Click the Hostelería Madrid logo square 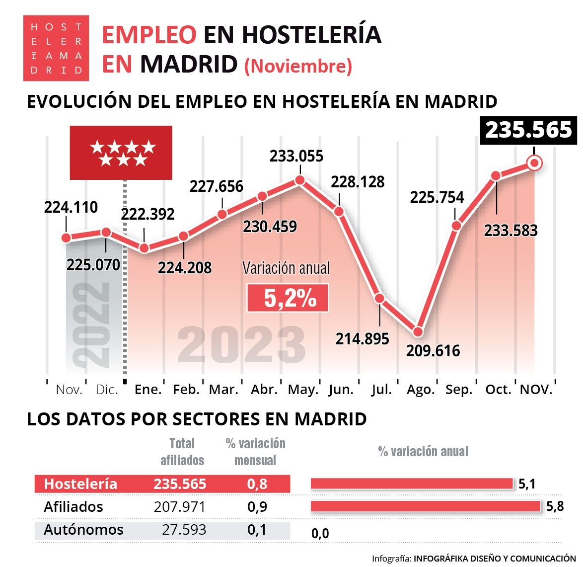(x=56, y=48)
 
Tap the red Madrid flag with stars (x=121, y=153)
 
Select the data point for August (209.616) (x=418, y=331)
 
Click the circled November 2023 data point (x=534, y=162)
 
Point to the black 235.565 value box (x=528, y=130)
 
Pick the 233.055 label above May (x=296, y=156)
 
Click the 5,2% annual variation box (x=288, y=298)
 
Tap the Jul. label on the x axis (x=381, y=390)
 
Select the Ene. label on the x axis (x=148, y=390)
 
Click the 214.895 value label (x=362, y=339)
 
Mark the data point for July (x=379, y=298)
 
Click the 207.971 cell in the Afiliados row (x=179, y=507)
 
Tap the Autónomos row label (x=83, y=530)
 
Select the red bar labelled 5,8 (x=426, y=506)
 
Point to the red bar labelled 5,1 (x=412, y=484)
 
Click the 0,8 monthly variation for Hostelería (x=257, y=484)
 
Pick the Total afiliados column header (x=182, y=451)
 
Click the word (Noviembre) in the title (x=298, y=66)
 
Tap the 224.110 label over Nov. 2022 (x=71, y=207)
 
